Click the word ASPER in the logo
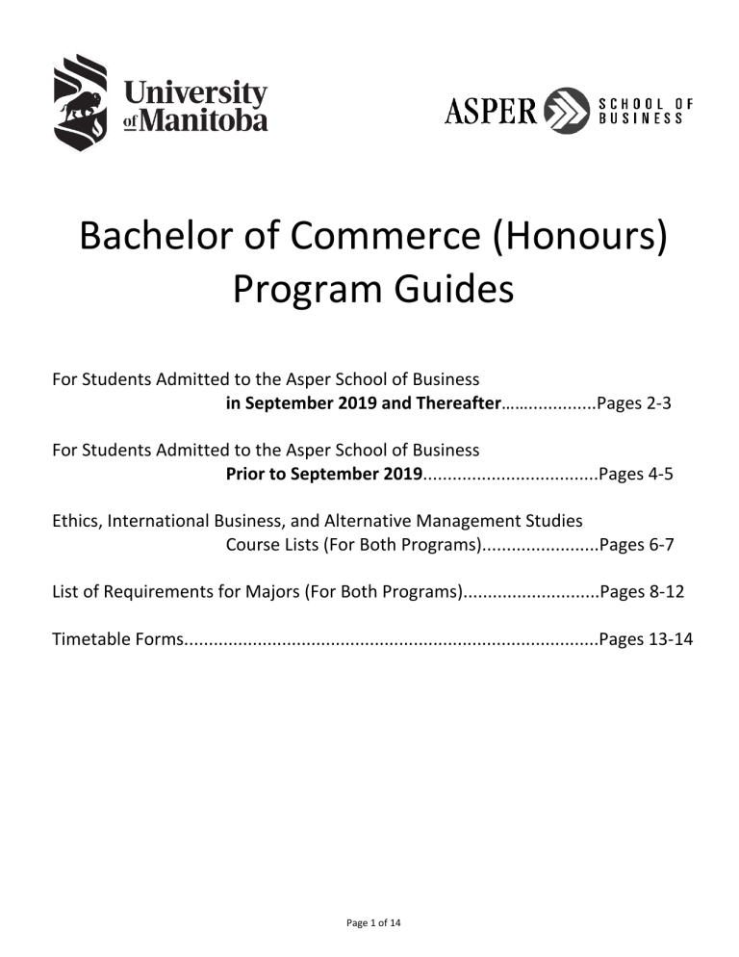(x=490, y=112)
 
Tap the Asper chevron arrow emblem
(x=566, y=111)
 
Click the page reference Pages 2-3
(x=634, y=404)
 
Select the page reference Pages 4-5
(x=634, y=474)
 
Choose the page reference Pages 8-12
(x=642, y=592)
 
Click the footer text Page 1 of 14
(x=373, y=923)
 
